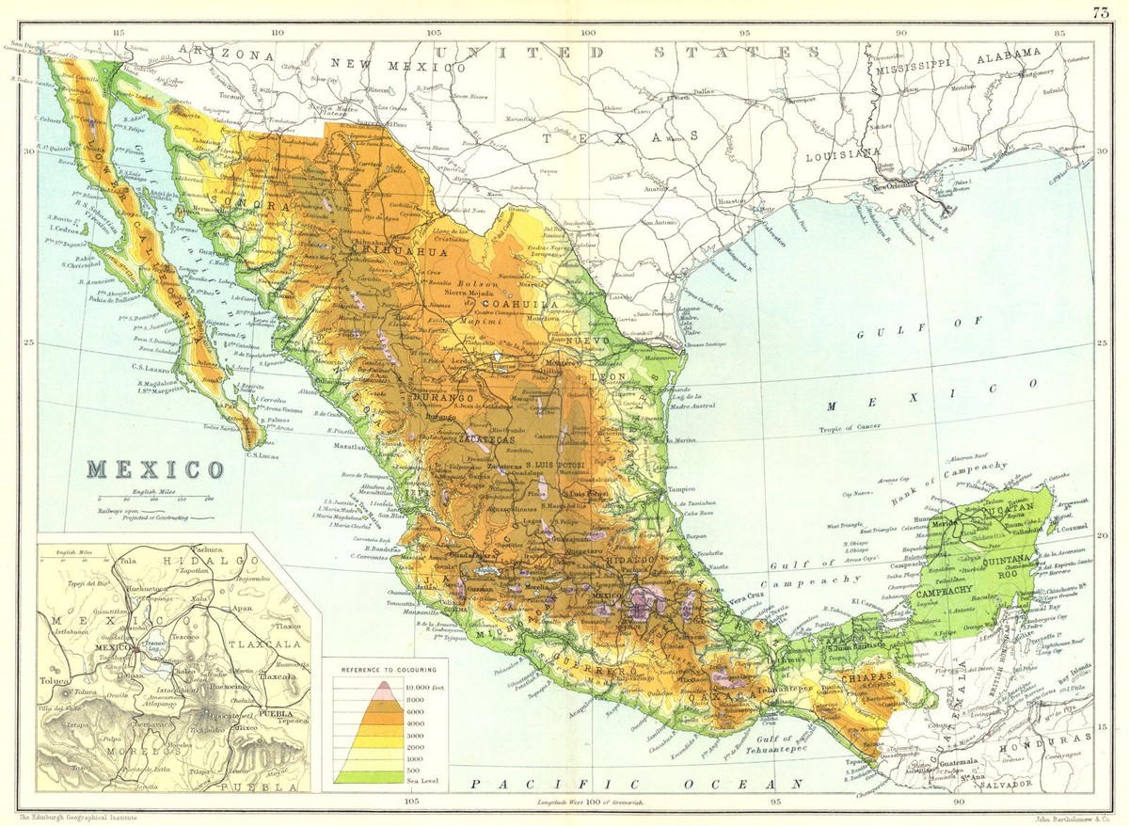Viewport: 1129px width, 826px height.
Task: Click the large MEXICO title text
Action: [156, 468]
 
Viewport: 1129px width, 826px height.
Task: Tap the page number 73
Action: [1101, 11]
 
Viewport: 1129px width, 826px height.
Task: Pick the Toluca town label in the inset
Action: [54, 681]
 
